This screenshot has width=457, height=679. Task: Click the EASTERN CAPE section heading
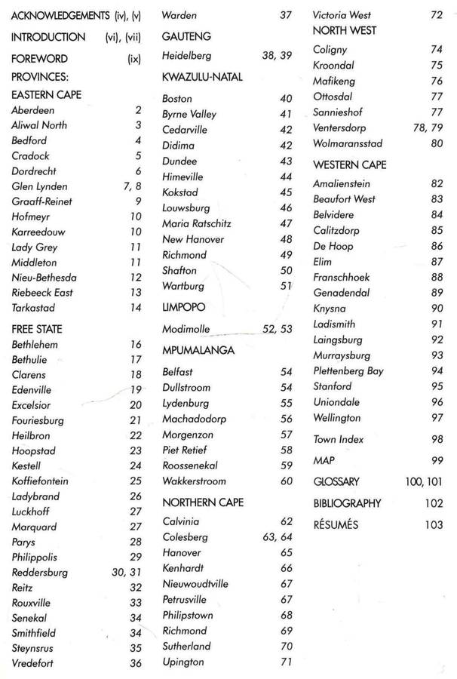click(46, 95)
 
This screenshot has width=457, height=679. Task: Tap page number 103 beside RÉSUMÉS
click(433, 525)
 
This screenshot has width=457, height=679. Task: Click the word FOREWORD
click(39, 58)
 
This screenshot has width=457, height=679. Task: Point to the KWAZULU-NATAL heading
click(198, 77)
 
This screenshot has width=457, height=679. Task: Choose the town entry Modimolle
click(186, 329)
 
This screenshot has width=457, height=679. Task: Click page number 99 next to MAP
click(437, 460)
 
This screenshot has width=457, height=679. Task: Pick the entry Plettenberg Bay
click(348, 371)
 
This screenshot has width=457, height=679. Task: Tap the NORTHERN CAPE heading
click(203, 502)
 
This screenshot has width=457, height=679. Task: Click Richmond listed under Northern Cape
click(184, 631)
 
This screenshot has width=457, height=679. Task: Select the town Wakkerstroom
click(194, 481)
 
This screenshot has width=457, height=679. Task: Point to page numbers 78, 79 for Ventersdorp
click(426, 128)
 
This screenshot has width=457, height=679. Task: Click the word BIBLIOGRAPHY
click(347, 503)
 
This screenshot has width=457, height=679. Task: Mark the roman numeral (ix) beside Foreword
click(134, 58)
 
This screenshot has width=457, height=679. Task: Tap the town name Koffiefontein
click(44, 481)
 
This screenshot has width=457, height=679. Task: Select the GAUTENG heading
click(186, 36)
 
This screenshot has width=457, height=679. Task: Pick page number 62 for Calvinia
click(286, 521)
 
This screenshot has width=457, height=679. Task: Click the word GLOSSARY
click(336, 481)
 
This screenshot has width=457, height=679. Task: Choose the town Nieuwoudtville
click(195, 584)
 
